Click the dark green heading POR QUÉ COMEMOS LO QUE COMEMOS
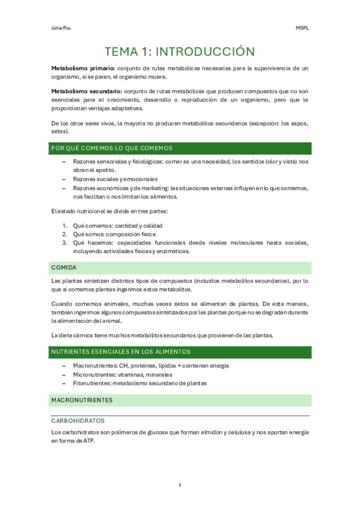point(112,148)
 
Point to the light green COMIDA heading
point(64,267)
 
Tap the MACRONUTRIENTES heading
point(82,399)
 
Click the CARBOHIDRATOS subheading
point(78,420)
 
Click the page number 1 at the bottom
point(180,485)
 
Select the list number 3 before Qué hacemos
point(64,243)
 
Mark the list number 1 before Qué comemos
point(64,226)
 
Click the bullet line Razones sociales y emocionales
point(115,179)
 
